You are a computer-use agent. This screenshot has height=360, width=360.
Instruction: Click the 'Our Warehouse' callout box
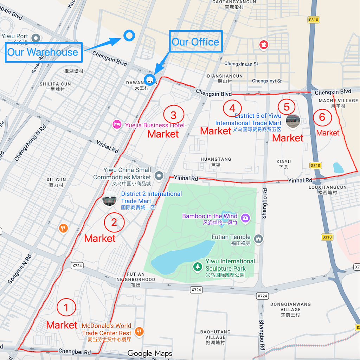pos(44,52)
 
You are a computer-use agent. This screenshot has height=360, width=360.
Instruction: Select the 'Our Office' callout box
pos(195,42)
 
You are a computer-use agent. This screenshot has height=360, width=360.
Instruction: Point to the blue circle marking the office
pos(150,78)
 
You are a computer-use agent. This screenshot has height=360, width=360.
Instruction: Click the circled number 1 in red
pos(66,308)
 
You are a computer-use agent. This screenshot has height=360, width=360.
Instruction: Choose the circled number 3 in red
pos(174,115)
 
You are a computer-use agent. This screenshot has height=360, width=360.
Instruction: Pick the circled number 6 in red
pos(322,117)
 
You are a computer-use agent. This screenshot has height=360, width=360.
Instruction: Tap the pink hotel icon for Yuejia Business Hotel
pos(117,124)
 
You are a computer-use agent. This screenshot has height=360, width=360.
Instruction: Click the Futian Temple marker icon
pos(259,239)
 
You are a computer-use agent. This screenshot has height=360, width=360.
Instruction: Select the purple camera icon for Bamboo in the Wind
pos(245,218)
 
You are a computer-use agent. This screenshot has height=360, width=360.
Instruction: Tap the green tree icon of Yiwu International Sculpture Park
pos(198,267)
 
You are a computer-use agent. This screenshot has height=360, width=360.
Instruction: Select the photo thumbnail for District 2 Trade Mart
pos(109,199)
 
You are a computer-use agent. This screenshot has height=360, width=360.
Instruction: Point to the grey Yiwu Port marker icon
pos(35,38)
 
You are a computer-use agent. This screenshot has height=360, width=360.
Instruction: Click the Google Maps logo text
pos(150,353)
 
